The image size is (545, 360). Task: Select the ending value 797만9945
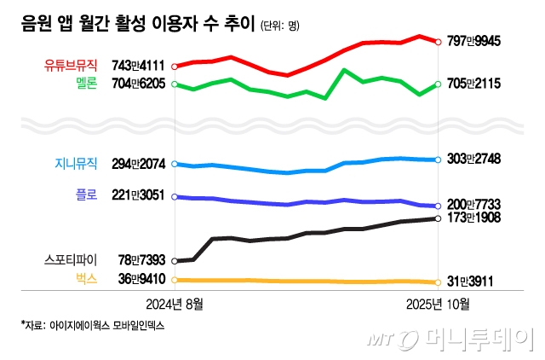[x=473, y=41]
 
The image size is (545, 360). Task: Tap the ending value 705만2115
[x=473, y=84]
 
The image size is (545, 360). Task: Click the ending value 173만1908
[x=473, y=219]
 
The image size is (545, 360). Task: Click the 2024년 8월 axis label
[x=175, y=303]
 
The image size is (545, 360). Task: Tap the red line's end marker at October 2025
[x=438, y=41]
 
